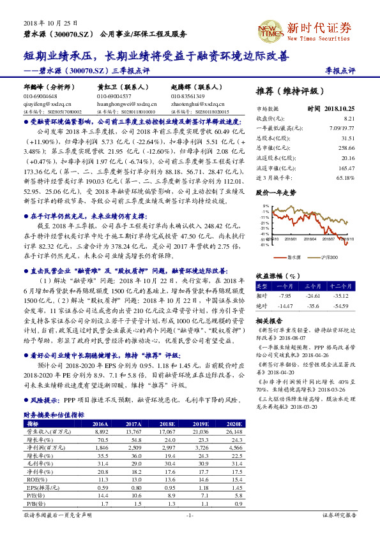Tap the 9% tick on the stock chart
(x=265, y=207)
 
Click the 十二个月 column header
(x=342, y=286)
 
